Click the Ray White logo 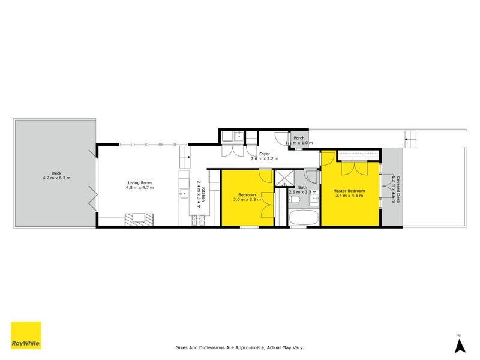pyautogui.click(x=26, y=335)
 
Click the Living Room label pyautogui.click(x=140, y=185)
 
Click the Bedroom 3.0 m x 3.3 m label pyautogui.click(x=247, y=197)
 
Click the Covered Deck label pyautogui.click(x=394, y=190)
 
